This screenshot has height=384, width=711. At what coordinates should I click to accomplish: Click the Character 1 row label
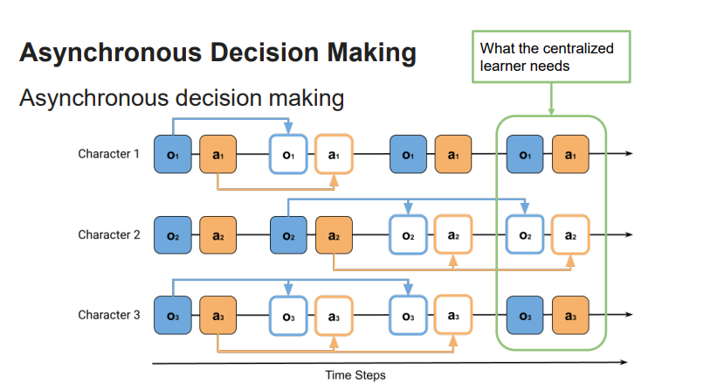click(108, 155)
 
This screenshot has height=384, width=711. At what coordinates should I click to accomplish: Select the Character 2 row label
click(108, 234)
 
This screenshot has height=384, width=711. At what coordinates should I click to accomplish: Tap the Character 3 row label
click(108, 315)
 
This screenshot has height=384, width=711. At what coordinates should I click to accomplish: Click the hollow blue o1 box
click(288, 155)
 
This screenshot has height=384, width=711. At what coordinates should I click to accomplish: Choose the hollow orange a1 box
click(334, 155)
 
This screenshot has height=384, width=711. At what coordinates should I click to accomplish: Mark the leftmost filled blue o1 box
click(173, 155)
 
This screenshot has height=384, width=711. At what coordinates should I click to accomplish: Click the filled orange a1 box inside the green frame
click(570, 155)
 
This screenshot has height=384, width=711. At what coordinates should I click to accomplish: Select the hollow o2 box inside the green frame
click(525, 235)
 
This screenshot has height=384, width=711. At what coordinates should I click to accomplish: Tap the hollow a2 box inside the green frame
click(570, 235)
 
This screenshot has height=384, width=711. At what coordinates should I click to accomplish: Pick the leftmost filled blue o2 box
click(173, 235)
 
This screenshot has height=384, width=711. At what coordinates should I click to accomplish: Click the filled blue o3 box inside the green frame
click(525, 316)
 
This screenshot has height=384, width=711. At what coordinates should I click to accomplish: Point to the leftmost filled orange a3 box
click(218, 316)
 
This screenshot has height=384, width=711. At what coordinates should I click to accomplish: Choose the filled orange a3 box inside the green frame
click(570, 316)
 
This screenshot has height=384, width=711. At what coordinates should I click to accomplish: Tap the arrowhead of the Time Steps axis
click(623, 361)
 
